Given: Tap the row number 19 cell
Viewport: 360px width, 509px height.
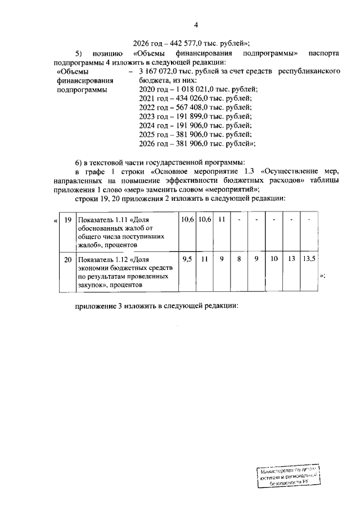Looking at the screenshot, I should tap(67, 220).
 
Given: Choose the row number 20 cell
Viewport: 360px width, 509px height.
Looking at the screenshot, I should tap(67, 260).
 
